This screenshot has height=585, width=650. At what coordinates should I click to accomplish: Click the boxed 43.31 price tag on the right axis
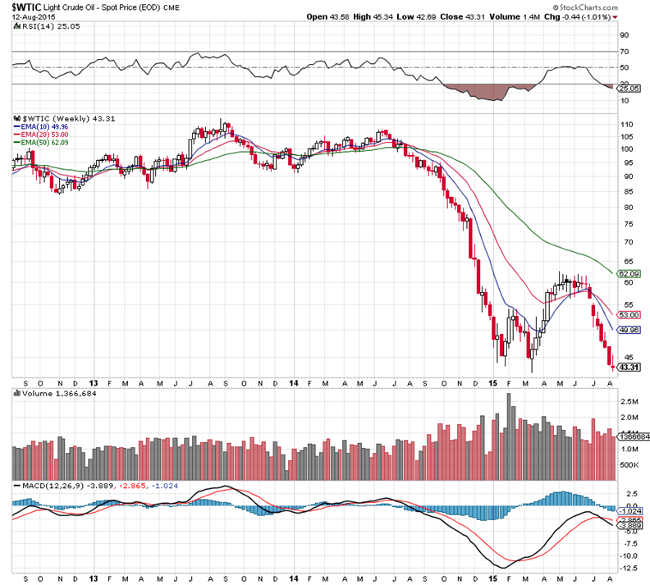click(x=629, y=367)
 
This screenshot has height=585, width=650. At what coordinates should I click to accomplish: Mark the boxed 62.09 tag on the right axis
click(x=629, y=272)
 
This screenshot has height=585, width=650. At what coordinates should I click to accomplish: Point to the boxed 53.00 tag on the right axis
click(x=629, y=315)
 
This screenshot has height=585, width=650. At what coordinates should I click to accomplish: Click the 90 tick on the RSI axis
click(x=624, y=35)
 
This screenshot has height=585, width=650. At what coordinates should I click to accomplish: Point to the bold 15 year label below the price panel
click(x=493, y=383)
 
